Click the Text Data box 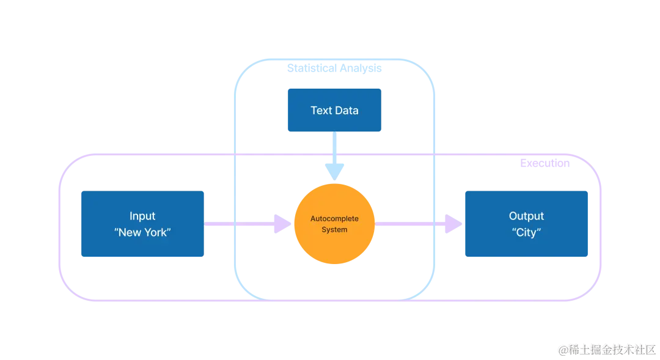(334, 110)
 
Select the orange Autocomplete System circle (334, 224)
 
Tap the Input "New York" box (142, 224)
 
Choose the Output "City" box (526, 224)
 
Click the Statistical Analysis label (334, 68)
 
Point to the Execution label (544, 163)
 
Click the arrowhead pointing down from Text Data (335, 172)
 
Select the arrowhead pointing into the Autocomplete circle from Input (282, 224)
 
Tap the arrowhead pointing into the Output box (453, 224)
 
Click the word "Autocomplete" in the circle (334, 219)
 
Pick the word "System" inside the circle (334, 229)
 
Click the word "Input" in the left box (142, 216)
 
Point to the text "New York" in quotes (142, 232)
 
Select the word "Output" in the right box (526, 216)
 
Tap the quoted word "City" (526, 232)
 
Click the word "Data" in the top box (347, 110)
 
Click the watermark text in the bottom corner (607, 350)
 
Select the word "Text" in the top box (321, 110)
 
